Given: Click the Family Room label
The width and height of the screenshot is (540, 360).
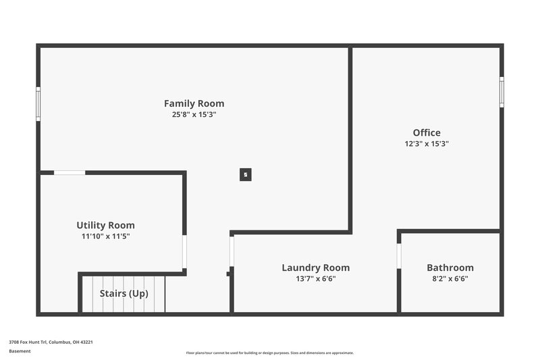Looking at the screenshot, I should pyautogui.click(x=194, y=103).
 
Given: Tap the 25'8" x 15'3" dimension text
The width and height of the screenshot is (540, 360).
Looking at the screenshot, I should pyautogui.click(x=194, y=115).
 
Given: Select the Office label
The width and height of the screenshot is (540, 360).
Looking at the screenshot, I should pyautogui.click(x=427, y=132).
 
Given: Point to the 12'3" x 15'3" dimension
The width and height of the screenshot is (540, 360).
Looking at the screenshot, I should pyautogui.click(x=427, y=144).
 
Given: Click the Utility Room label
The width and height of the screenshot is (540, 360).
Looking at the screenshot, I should pyautogui.click(x=105, y=225).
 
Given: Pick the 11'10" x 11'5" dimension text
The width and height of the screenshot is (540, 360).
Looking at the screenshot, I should pyautogui.click(x=105, y=236).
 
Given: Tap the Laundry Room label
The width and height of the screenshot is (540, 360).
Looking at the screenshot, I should pyautogui.click(x=315, y=267).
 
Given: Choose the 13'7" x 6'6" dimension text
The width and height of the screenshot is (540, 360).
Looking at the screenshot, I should pyautogui.click(x=315, y=278).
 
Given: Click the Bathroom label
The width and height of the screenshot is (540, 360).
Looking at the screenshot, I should pyautogui.click(x=450, y=267).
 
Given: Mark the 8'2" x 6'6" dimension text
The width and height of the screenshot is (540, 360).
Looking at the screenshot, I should pyautogui.click(x=450, y=278).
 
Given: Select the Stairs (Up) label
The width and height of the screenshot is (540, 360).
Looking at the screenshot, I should pyautogui.click(x=124, y=294).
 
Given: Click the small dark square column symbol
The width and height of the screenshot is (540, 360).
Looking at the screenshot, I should pyautogui.click(x=246, y=174).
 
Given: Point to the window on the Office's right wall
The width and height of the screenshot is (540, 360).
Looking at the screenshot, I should pyautogui.click(x=502, y=92).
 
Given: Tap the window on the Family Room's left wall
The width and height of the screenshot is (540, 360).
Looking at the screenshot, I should pyautogui.click(x=38, y=104).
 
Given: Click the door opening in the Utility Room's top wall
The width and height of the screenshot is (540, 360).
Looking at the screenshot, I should pyautogui.click(x=70, y=173).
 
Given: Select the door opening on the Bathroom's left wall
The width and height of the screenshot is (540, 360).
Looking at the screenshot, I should pyautogui.click(x=399, y=256).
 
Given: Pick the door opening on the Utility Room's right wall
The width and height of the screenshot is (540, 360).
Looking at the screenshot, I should pyautogui.click(x=184, y=252).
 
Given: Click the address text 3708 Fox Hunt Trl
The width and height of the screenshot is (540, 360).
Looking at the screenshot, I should pyautogui.click(x=51, y=342).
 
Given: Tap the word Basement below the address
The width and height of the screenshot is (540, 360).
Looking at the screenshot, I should pyautogui.click(x=20, y=351).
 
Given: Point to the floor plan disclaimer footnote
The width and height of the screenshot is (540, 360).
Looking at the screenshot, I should pyautogui.click(x=269, y=353).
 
